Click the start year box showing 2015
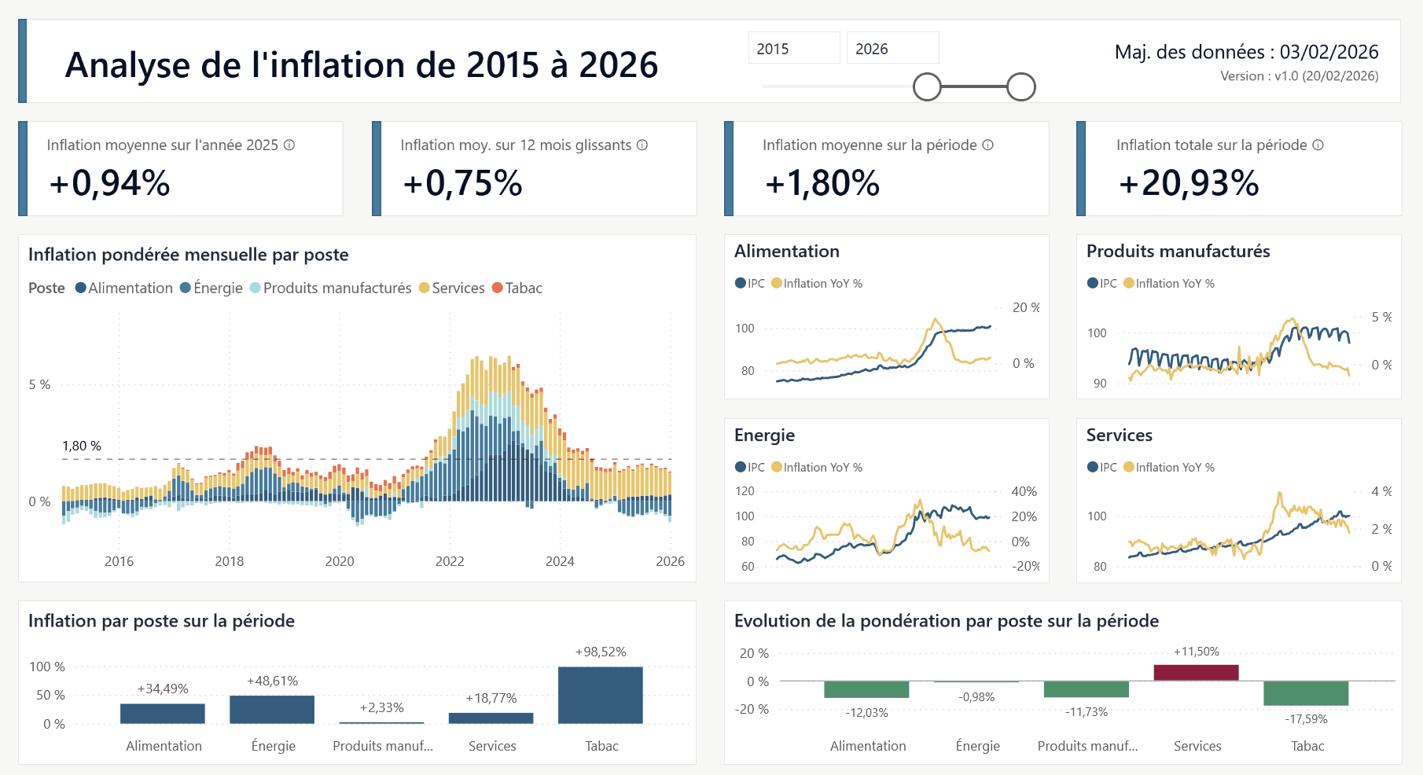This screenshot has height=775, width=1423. pyautogui.click(x=792, y=49)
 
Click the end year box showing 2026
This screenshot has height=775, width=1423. pyautogui.click(x=892, y=49)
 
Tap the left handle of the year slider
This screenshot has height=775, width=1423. pyautogui.click(x=927, y=87)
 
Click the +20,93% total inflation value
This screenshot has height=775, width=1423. pyautogui.click(x=1188, y=183)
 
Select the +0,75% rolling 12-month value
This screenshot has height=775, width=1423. pyautogui.click(x=462, y=183)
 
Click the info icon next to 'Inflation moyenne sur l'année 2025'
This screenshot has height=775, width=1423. pyautogui.click(x=289, y=145)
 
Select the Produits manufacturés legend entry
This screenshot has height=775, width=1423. pyautogui.click(x=336, y=288)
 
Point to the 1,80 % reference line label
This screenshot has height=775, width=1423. pyautogui.click(x=82, y=446)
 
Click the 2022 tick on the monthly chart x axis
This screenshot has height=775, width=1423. pyautogui.click(x=450, y=561)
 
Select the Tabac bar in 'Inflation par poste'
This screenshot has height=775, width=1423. pyautogui.click(x=600, y=695)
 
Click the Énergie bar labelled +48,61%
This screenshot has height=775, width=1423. pyautogui.click(x=272, y=709)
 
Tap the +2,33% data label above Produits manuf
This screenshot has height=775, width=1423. pyautogui.click(x=381, y=707)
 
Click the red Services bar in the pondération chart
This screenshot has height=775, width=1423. pyautogui.click(x=1196, y=673)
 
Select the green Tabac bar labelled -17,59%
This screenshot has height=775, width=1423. pyautogui.click(x=1306, y=693)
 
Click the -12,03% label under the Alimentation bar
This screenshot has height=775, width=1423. pyautogui.click(x=866, y=713)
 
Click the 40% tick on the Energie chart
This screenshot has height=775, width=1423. pyautogui.click(x=1024, y=491)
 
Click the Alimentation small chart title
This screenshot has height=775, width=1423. pyautogui.click(x=786, y=252)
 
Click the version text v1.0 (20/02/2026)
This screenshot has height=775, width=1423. pyautogui.click(x=1299, y=76)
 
